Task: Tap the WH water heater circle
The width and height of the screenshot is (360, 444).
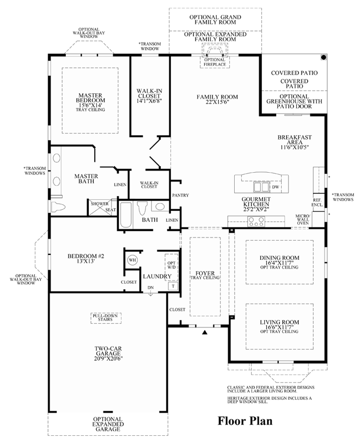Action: pos(132,260)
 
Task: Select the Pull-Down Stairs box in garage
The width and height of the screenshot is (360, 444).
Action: pos(105,318)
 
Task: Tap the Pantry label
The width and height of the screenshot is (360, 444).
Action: pos(180,195)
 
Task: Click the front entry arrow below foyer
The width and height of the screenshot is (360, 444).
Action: pos(205,331)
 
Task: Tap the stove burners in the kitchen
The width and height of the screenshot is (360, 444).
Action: pos(256,221)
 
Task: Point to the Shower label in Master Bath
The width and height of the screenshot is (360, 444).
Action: pos(99,203)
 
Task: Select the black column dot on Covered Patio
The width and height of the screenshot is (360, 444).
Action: pos(323,57)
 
